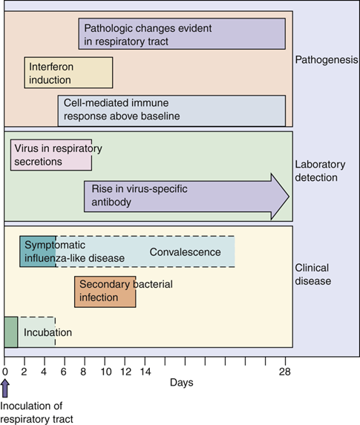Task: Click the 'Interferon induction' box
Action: [68, 73]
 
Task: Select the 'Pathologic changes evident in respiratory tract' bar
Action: [182, 34]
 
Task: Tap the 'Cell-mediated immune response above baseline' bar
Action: [171, 111]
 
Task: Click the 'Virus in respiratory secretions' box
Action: [51, 155]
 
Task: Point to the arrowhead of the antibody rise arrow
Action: [280, 197]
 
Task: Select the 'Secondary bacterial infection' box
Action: [105, 291]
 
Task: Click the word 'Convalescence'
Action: [185, 252]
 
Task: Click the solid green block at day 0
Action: [10, 332]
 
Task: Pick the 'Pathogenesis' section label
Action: [327, 60]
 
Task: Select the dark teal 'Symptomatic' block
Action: [38, 252]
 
